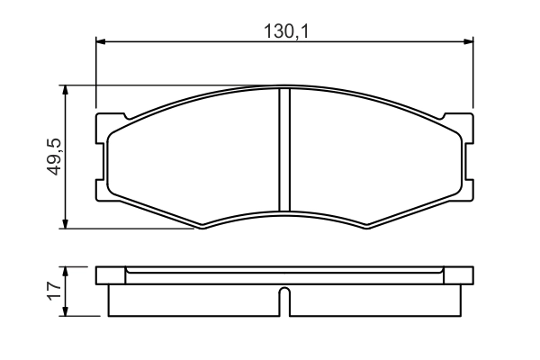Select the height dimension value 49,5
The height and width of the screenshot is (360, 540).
[x=53, y=157]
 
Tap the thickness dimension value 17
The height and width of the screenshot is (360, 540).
[x=53, y=291]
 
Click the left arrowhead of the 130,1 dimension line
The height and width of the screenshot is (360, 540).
[x=102, y=41]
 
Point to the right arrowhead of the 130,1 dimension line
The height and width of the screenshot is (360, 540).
[x=467, y=41]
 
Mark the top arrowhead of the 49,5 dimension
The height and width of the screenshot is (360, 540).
[x=65, y=91]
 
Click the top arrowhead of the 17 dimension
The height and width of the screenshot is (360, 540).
[x=65, y=272]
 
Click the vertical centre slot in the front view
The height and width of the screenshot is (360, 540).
[x=283, y=148]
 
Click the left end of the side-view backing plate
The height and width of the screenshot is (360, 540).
[x=100, y=275]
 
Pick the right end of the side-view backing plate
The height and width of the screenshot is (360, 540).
[x=467, y=275]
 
